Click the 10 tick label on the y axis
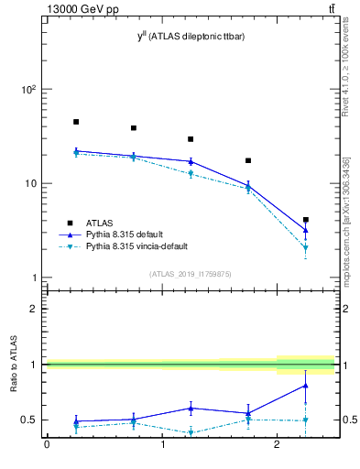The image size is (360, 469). click(x=28, y=183)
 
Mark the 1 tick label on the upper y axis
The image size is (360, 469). click(x=32, y=278)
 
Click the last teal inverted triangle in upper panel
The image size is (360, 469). click(x=306, y=247)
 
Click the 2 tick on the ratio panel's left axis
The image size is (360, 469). click(x=33, y=309)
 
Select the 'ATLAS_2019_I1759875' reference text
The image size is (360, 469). click(x=191, y=273)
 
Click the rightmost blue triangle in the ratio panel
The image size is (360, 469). click(x=306, y=386)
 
